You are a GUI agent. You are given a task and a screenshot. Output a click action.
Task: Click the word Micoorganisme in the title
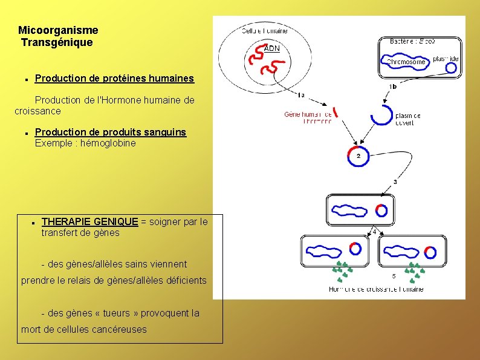(x=58, y=30)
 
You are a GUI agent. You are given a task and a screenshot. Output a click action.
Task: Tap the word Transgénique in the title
(x=57, y=42)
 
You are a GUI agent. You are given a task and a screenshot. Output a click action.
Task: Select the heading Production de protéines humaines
(x=114, y=78)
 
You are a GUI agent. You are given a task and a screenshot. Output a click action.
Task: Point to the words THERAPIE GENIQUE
(x=89, y=221)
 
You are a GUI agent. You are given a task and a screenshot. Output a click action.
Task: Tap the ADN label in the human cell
(x=272, y=48)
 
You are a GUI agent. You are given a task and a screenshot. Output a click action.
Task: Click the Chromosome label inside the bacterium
(x=406, y=62)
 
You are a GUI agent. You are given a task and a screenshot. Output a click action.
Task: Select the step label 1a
(x=301, y=94)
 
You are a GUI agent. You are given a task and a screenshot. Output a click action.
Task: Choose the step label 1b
(x=393, y=87)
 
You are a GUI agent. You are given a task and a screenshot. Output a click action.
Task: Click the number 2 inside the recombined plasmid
(x=358, y=156)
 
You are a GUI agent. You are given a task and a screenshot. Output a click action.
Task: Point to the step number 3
(x=395, y=182)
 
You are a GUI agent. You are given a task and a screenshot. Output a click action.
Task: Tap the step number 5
(x=394, y=276)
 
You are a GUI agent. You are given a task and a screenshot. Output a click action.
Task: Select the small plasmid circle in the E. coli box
(x=451, y=68)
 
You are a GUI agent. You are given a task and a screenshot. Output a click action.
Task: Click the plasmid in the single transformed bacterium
(x=381, y=211)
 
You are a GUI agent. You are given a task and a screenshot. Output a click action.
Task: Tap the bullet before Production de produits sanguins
(x=28, y=133)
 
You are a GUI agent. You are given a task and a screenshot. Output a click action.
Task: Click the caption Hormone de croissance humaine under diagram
(x=376, y=289)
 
